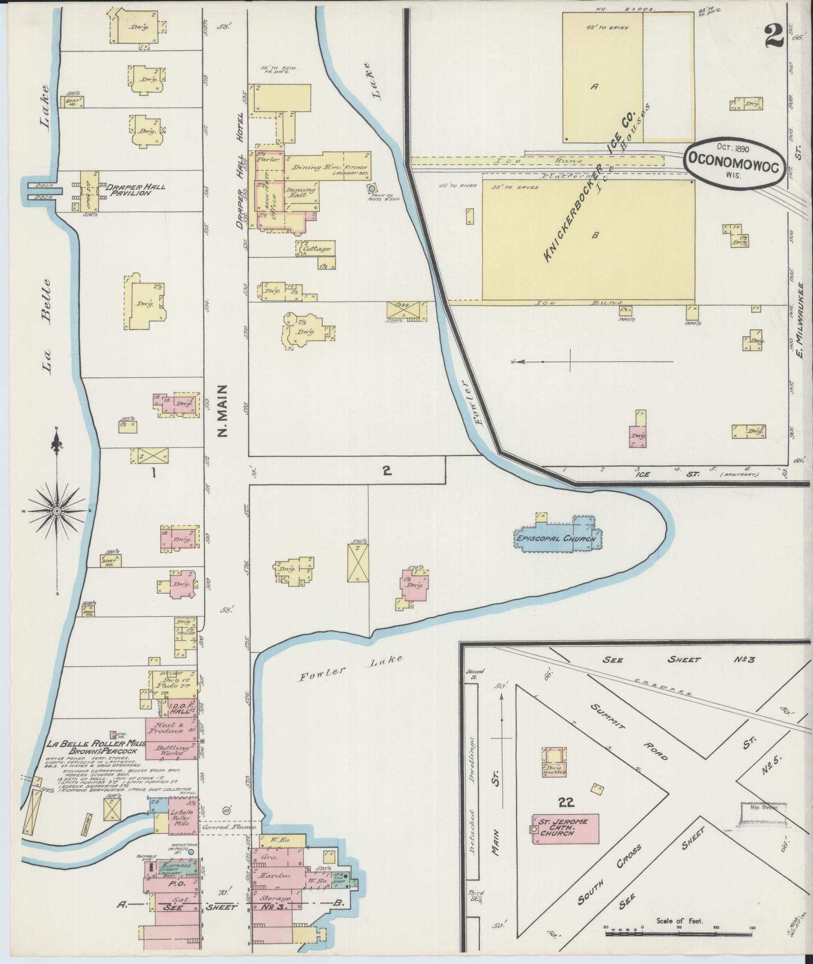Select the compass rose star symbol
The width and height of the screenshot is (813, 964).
[57, 511]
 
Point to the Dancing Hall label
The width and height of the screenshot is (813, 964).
[301, 194]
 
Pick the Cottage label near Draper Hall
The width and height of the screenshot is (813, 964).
[317, 249]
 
